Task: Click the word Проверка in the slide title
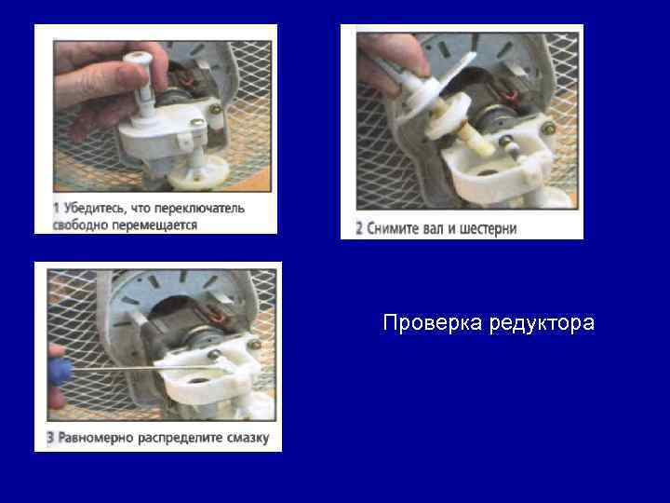(x=433, y=323)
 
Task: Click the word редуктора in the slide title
(x=542, y=324)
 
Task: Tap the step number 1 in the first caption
(x=56, y=209)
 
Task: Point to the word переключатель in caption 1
(x=199, y=209)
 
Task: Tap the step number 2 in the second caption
(x=359, y=228)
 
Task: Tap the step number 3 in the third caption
(x=50, y=438)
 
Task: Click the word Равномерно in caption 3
(x=96, y=438)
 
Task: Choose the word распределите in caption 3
(x=180, y=438)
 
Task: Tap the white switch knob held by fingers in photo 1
(x=138, y=79)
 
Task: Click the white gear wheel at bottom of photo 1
(x=198, y=172)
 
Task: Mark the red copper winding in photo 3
(x=216, y=317)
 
